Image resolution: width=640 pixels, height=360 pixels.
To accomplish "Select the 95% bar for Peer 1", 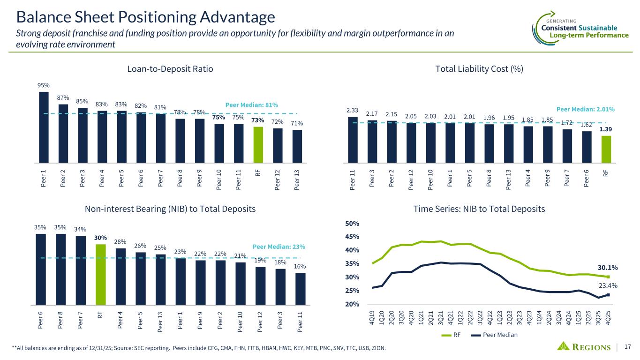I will coord(44,127).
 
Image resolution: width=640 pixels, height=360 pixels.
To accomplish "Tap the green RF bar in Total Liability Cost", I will coord(606,149).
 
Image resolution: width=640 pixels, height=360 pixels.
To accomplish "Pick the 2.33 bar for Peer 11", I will coord(353,139).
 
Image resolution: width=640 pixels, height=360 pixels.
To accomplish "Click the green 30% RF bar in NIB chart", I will coord(101,274).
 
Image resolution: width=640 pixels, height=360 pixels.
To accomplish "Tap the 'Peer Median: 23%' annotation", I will coord(279,246).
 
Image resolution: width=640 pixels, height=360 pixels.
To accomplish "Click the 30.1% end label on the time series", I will coord(607,268).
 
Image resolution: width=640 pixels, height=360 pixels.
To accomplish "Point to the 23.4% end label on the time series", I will coord(608,285).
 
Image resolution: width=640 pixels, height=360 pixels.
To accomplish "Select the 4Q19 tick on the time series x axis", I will coord(373,317).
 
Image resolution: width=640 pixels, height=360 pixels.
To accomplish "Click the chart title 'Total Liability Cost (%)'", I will coord(479,69).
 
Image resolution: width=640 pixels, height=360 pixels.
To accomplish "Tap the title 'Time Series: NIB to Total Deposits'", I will coord(479,210).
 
